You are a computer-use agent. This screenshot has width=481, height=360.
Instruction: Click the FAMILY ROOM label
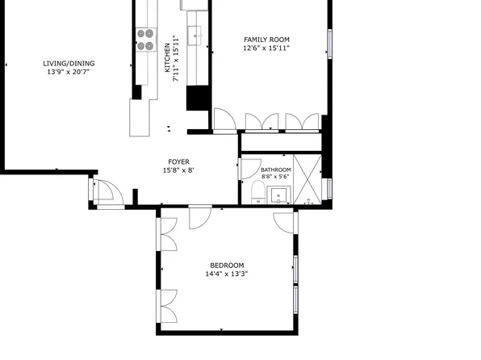pyautogui.click(x=266, y=40)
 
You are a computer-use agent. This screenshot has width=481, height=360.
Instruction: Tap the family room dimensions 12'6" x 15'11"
pyautogui.click(x=266, y=48)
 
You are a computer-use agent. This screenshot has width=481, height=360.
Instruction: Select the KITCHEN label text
pyautogui.click(x=168, y=58)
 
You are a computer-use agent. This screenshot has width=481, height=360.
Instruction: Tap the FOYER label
pyautogui.click(x=178, y=161)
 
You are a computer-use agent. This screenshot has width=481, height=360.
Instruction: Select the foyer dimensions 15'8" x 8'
pyautogui.click(x=178, y=170)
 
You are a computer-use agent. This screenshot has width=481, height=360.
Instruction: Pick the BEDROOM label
pyautogui.click(x=227, y=266)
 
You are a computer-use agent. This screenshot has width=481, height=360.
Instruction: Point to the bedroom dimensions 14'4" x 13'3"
pyautogui.click(x=227, y=274)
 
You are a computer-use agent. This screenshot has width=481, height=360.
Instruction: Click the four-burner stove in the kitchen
pyautogui.click(x=145, y=40)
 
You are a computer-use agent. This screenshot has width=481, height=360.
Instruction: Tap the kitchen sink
pyautogui.click(x=194, y=34)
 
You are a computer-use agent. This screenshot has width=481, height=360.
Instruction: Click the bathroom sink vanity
pyautogui.click(x=280, y=195)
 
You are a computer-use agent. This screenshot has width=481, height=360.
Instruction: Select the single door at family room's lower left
pyautogui.click(x=224, y=121)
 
